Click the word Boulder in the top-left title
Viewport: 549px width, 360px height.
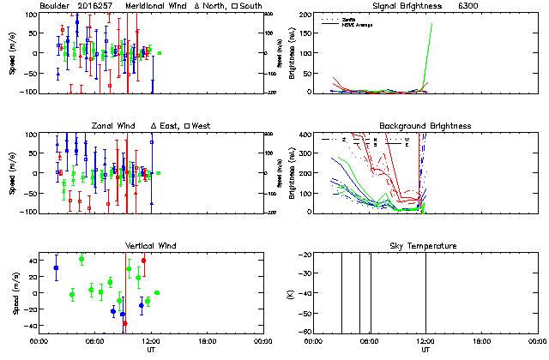point(54,6)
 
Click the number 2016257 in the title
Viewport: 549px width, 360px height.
point(94,6)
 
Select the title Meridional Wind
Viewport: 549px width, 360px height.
point(160,6)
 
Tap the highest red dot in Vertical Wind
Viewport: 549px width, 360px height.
point(143,261)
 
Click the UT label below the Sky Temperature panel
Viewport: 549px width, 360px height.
point(425,350)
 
